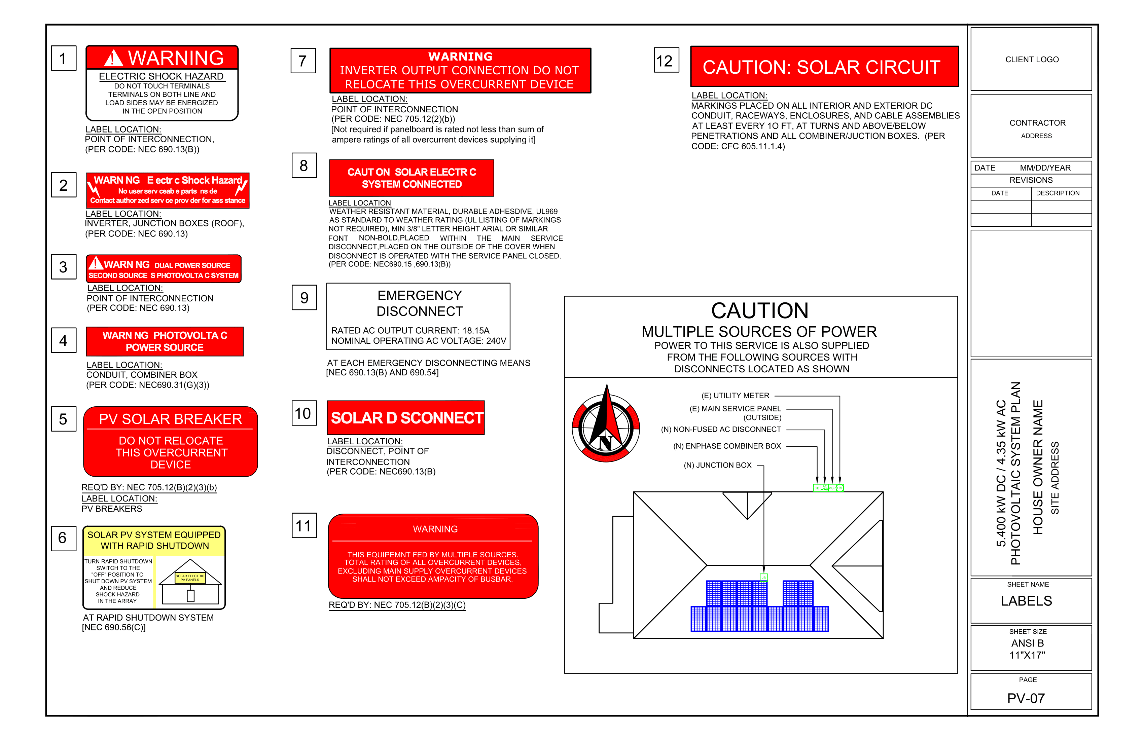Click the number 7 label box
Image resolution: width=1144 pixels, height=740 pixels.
(x=303, y=61)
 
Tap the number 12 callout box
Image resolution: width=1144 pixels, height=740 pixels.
(x=666, y=61)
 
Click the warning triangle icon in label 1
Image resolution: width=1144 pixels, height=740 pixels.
(x=113, y=58)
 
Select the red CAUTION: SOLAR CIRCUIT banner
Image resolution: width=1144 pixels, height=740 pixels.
(x=824, y=67)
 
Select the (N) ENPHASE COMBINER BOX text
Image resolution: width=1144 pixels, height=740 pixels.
(x=727, y=446)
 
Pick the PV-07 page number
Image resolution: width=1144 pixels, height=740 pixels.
(x=1026, y=698)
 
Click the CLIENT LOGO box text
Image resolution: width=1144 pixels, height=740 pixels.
(x=1032, y=60)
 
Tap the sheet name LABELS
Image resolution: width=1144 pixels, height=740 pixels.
(x=1026, y=601)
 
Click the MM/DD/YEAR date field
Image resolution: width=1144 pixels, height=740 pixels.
(x=1045, y=168)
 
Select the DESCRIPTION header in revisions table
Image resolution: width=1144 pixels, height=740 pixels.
(x=1058, y=193)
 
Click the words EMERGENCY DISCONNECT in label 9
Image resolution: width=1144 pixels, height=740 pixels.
(x=419, y=303)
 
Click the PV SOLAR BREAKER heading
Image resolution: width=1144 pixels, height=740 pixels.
(x=171, y=419)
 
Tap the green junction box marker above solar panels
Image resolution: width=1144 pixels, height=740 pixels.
(x=763, y=577)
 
